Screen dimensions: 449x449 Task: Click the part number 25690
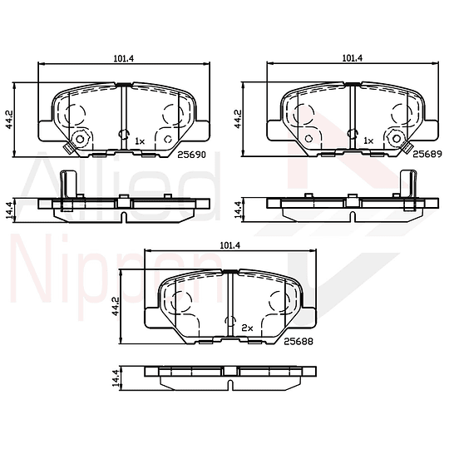click(191, 155)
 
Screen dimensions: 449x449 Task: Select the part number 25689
click(427, 154)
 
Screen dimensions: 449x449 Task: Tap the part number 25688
click(299, 342)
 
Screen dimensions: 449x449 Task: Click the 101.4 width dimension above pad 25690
click(124, 58)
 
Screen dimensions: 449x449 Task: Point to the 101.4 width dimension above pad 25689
click(353, 58)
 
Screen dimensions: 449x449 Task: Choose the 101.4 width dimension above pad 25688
click(230, 245)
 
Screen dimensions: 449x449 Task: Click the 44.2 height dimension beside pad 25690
click(9, 119)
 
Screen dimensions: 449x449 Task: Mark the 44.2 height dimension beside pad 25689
click(239, 119)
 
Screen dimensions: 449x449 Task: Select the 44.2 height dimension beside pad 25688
click(116, 306)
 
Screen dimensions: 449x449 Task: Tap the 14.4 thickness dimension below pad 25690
click(9, 210)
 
